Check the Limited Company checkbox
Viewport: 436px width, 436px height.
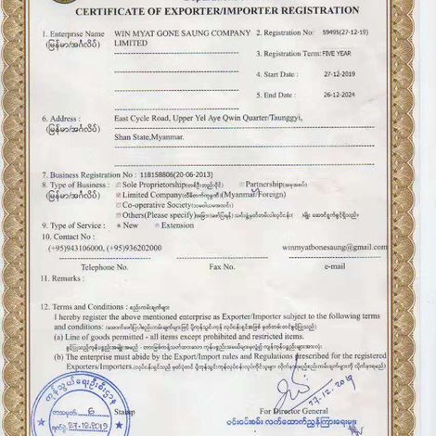pos(118,195)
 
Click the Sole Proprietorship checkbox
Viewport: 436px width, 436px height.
pos(118,185)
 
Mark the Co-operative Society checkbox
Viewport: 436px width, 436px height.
pos(118,205)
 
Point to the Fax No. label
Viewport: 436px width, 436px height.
pos(223,266)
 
